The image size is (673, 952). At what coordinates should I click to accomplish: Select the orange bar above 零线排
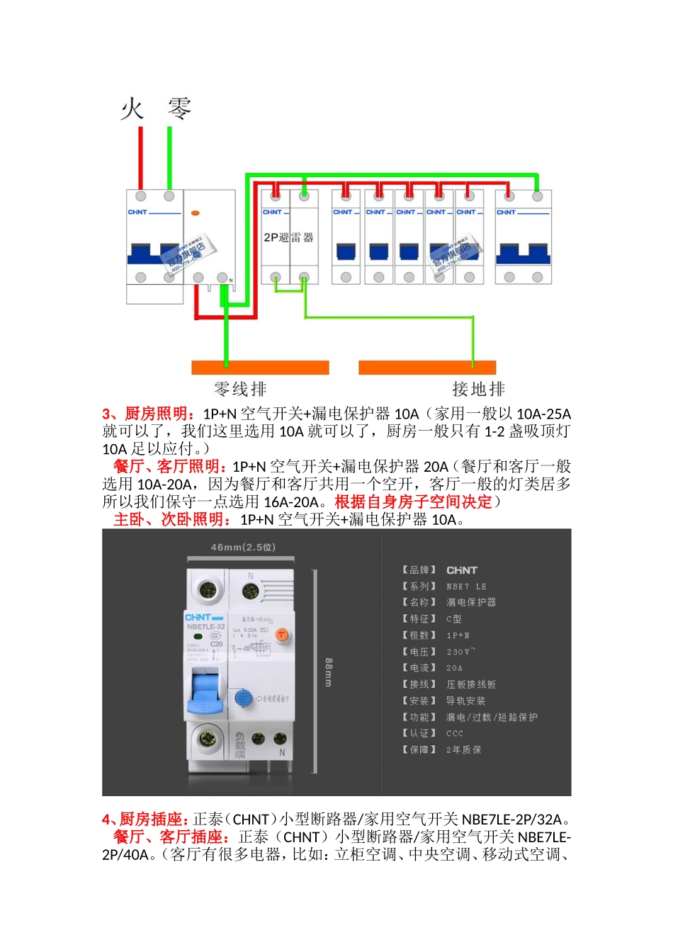[x=260, y=368]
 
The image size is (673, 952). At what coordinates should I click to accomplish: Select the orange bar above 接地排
[x=427, y=368]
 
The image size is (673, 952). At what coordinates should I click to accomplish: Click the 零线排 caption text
[x=240, y=389]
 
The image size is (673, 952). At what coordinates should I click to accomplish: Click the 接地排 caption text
[x=478, y=389]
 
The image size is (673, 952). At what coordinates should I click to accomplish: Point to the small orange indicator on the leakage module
[x=196, y=212]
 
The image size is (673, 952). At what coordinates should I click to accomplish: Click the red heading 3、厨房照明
[x=149, y=414]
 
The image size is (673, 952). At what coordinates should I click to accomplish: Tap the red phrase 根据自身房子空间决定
[x=413, y=502]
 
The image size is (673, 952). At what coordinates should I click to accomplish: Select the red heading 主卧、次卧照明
[x=172, y=520]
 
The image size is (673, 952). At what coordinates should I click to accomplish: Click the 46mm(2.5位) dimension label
[x=243, y=547]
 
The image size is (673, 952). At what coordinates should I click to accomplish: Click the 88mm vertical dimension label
[x=329, y=671]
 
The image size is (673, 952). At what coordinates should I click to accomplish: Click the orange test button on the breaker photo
[x=281, y=635]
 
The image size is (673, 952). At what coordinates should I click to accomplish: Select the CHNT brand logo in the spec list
[x=462, y=570]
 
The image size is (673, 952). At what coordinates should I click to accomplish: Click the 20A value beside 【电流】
[x=454, y=668]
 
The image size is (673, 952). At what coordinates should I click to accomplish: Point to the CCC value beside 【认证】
[x=454, y=734]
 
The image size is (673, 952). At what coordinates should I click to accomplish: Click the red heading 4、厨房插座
[x=147, y=820]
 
